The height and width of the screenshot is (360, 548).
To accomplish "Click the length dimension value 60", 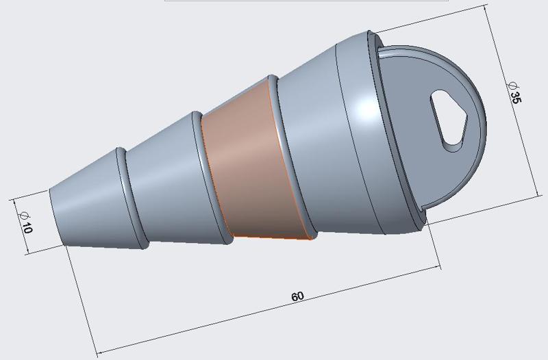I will click(297, 296).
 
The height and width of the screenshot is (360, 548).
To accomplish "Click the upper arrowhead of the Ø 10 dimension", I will click(15, 201).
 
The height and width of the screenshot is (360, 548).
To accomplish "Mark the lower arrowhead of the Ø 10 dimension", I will click(27, 252).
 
